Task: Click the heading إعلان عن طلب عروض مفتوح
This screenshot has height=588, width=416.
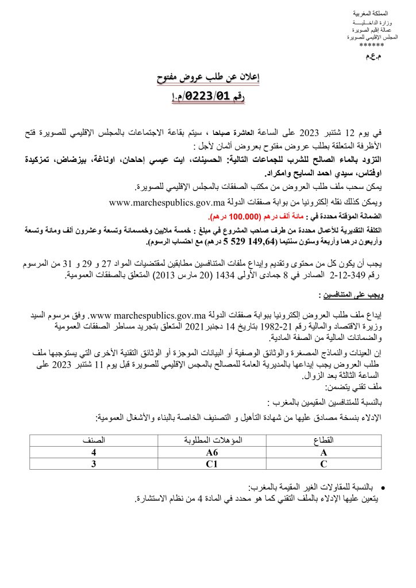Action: (207, 79)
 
